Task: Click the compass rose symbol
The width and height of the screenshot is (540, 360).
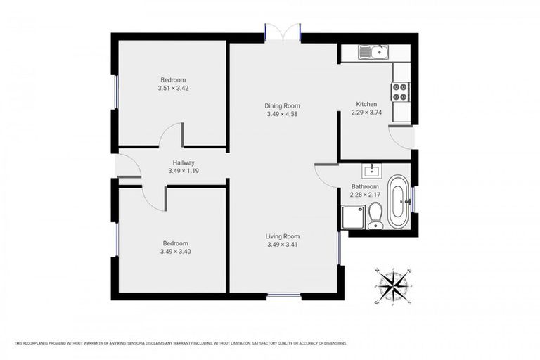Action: (x=393, y=286)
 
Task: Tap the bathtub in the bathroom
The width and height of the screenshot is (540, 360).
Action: (x=398, y=201)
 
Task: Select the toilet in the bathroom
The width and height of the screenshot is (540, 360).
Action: (x=375, y=214)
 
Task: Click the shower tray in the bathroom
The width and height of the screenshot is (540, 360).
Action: (x=352, y=217)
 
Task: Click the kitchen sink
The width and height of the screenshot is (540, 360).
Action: (x=372, y=51)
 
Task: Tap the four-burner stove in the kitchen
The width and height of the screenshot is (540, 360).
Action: (x=400, y=91)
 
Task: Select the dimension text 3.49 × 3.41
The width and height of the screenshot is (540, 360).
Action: (x=283, y=245)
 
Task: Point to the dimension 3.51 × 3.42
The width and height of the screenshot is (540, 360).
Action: (x=173, y=89)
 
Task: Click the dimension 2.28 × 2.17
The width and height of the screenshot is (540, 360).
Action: (x=366, y=195)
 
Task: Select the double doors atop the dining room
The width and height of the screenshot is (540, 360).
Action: (x=283, y=32)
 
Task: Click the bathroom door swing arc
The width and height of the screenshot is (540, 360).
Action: (x=325, y=175)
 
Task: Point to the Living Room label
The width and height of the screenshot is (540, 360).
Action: (x=283, y=236)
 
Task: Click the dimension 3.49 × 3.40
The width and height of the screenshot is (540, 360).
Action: (x=173, y=251)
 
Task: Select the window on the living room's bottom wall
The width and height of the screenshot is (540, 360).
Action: (x=283, y=295)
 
